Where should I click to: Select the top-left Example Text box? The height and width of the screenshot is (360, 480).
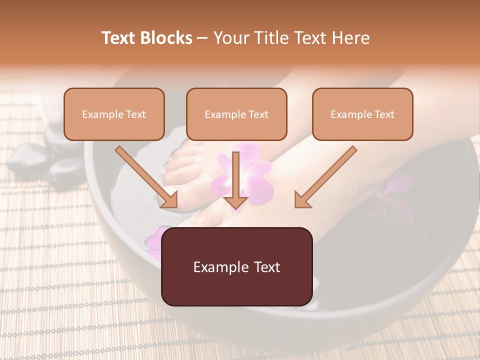tap(114, 114)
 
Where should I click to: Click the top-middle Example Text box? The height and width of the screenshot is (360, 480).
tap(236, 114)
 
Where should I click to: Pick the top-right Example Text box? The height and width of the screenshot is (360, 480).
tap(362, 114)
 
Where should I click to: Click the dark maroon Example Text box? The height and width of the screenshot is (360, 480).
tap(236, 266)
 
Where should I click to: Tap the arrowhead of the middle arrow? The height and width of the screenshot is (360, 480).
tap(235, 201)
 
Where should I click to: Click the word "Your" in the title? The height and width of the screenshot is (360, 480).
tap(230, 38)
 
